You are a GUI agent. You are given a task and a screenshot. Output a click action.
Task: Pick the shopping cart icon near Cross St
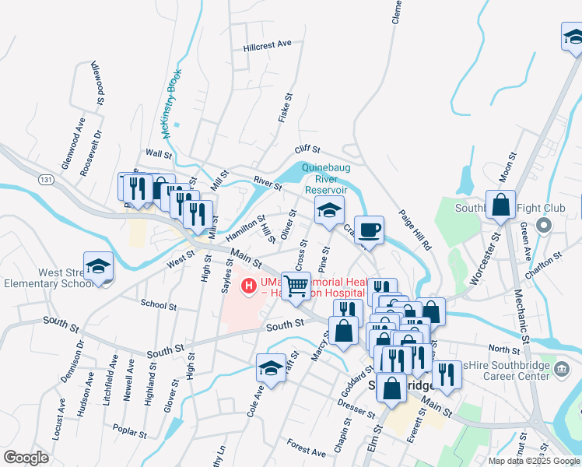pyautogui.click(x=296, y=285)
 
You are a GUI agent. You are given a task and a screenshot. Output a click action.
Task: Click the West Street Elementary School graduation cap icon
pyautogui.click(x=98, y=265)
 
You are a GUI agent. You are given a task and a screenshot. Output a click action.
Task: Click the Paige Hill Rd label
pyautogui.click(x=415, y=230)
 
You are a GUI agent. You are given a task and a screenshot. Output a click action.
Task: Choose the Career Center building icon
pyautogui.click(x=563, y=367)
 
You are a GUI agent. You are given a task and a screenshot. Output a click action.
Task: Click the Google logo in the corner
pyautogui.click(x=26, y=457)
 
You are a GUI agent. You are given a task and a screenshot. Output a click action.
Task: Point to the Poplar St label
pyautogui.click(x=129, y=430)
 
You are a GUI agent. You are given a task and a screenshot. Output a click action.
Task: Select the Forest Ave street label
pyautogui.click(x=306, y=448)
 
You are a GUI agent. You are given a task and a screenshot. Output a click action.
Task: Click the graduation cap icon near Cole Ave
pyautogui.click(x=271, y=367)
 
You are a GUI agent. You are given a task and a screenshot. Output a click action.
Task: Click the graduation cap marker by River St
pyautogui.click(x=329, y=209)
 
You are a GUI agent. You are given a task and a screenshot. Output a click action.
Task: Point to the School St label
pyautogui.click(x=159, y=304)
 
